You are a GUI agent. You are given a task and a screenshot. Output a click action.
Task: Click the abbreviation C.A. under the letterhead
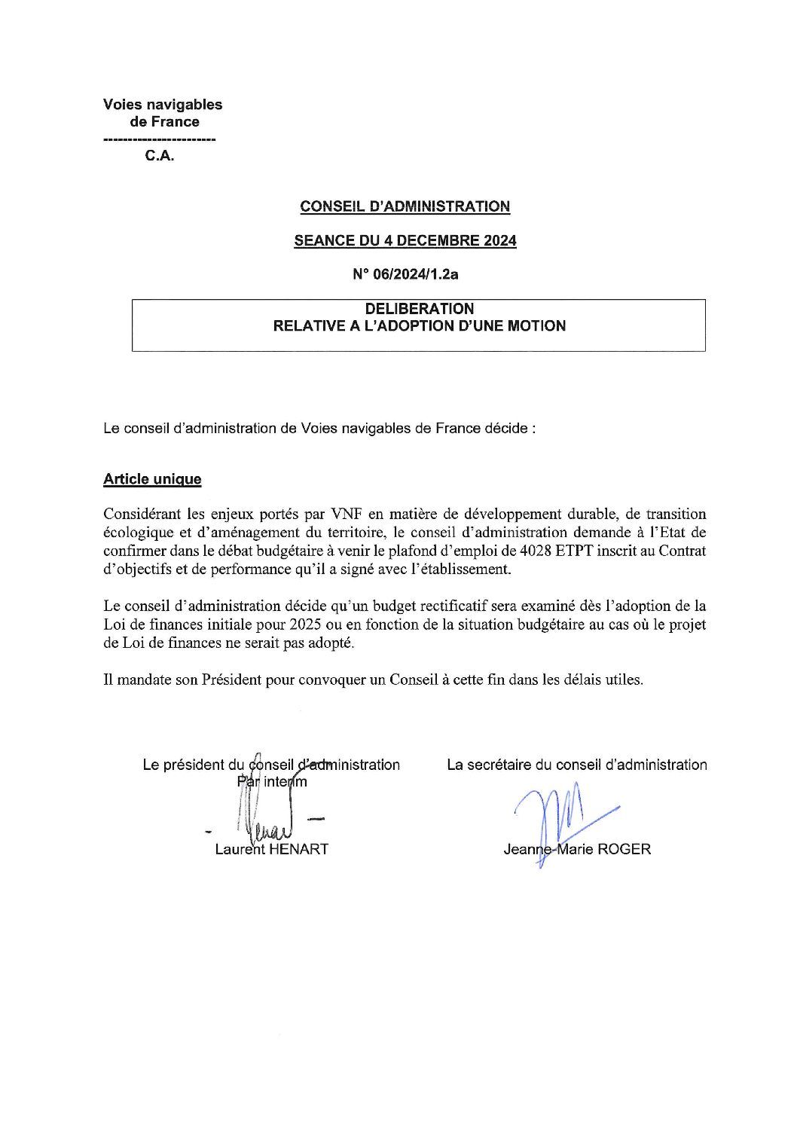[160, 159]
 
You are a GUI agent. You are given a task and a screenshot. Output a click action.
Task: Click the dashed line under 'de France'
[158, 141]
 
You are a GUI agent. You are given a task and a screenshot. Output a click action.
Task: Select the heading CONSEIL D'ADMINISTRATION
[405, 206]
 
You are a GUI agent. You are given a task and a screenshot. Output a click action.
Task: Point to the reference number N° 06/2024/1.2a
[405, 275]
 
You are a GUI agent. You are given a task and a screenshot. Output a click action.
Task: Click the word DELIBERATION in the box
[420, 309]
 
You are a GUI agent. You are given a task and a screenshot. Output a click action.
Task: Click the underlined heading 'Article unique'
[152, 479]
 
